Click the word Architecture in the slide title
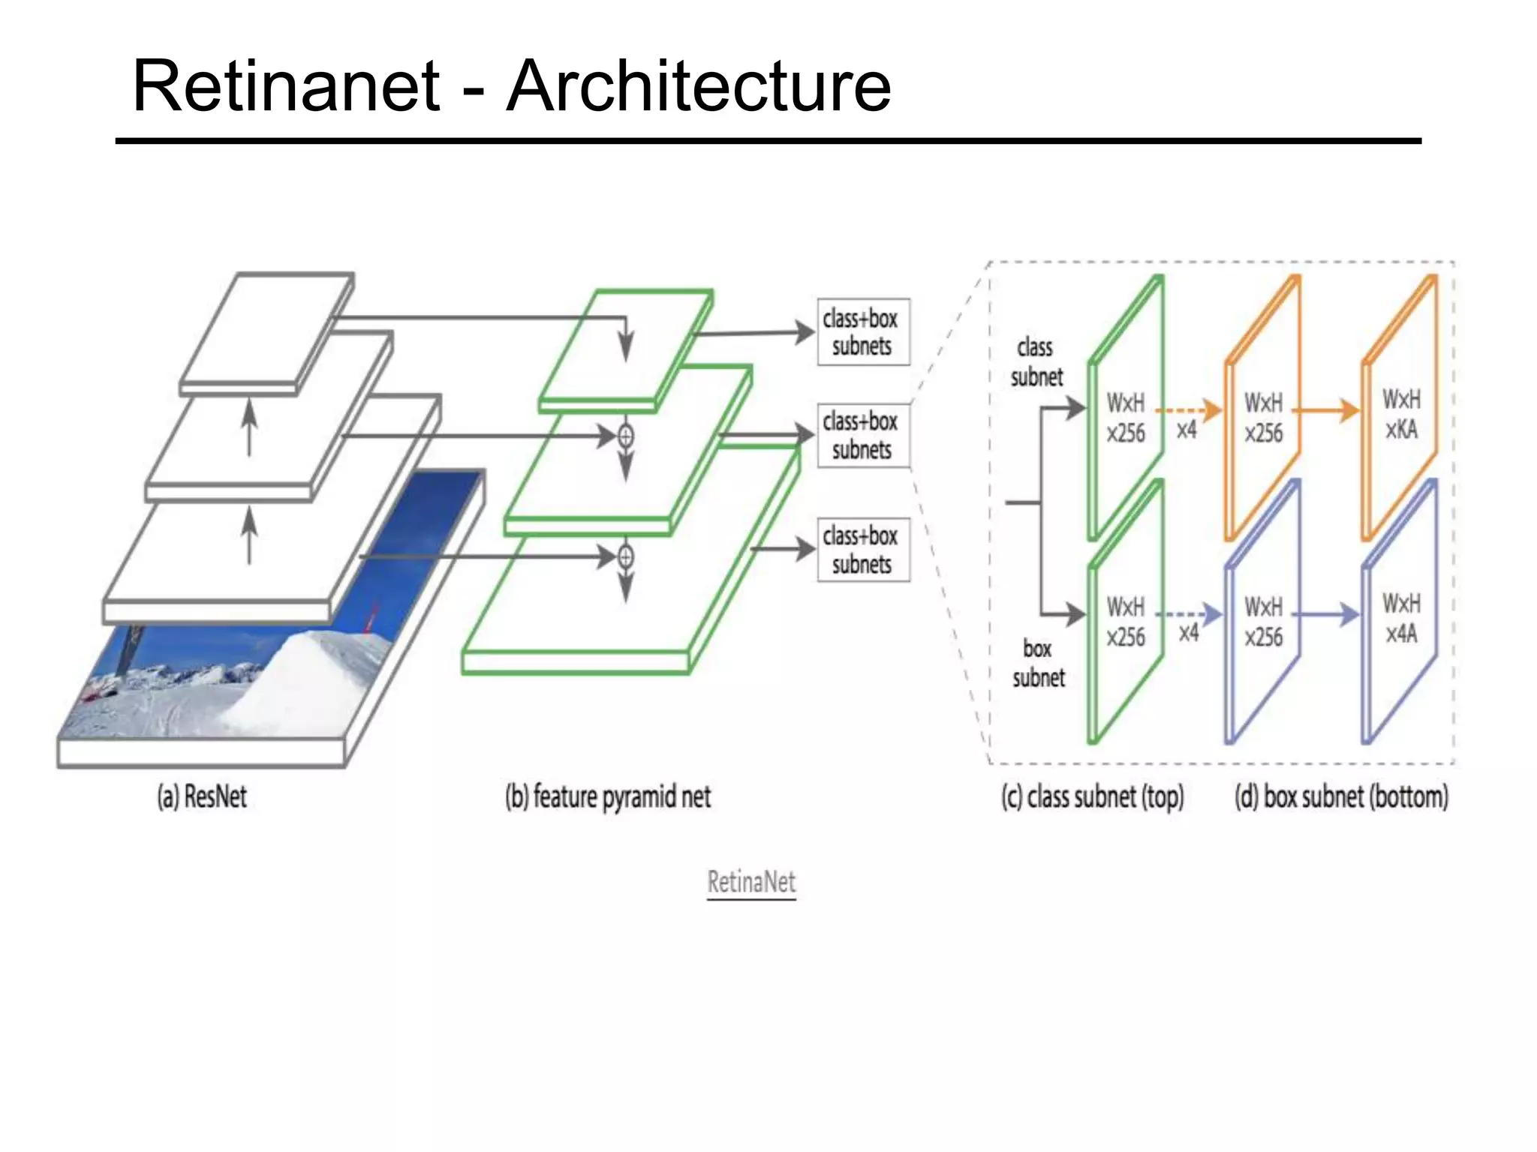pyautogui.click(x=699, y=86)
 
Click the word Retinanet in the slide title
pyautogui.click(x=286, y=86)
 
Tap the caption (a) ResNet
pyautogui.click(x=201, y=796)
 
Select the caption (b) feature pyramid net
pyautogui.click(x=608, y=796)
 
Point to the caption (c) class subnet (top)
pyautogui.click(x=1092, y=796)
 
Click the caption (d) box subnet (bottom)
pyautogui.click(x=1341, y=796)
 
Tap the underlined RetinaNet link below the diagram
pyautogui.click(x=751, y=882)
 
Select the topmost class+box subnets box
pyautogui.click(x=863, y=332)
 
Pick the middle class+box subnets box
pyautogui.click(x=863, y=436)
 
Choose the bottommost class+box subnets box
pyautogui.click(x=863, y=550)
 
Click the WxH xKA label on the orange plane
pyautogui.click(x=1401, y=414)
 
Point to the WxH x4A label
pyautogui.click(x=1401, y=619)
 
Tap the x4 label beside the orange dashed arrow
pyautogui.click(x=1187, y=430)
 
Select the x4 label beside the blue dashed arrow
pyautogui.click(x=1188, y=633)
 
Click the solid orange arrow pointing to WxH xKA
pyautogui.click(x=1327, y=410)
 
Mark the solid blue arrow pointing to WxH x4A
pyautogui.click(x=1327, y=615)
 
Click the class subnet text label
pyautogui.click(x=1036, y=362)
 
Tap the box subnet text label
pyautogui.click(x=1038, y=663)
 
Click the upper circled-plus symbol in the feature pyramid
pyautogui.click(x=625, y=436)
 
